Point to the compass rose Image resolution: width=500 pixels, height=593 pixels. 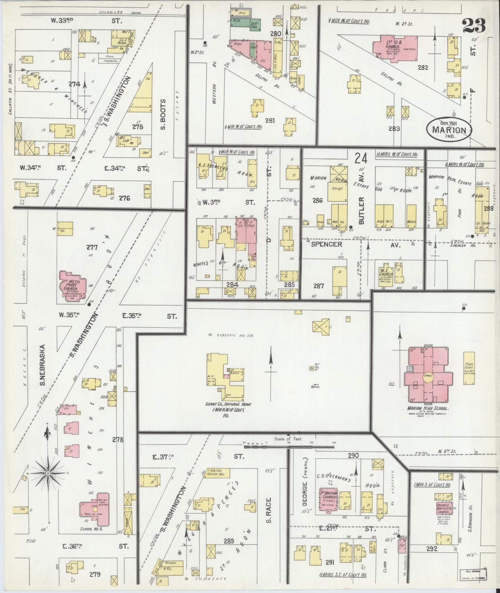48,473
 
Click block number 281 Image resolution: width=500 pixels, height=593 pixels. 270,120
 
